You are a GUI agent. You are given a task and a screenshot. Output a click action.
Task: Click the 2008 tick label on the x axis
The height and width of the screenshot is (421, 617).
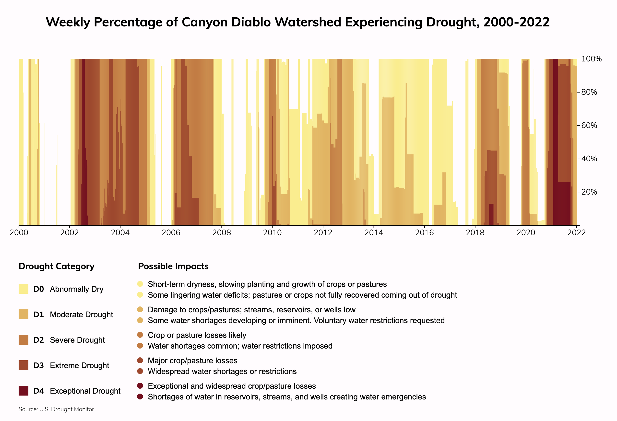[x=221, y=233]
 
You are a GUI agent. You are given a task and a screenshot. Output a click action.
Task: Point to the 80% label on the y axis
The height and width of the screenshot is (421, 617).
[x=589, y=92]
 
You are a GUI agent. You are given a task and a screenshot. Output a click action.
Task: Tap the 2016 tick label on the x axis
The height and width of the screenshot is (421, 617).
[x=424, y=233]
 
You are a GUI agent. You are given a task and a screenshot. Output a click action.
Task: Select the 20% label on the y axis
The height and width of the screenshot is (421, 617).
[x=589, y=192]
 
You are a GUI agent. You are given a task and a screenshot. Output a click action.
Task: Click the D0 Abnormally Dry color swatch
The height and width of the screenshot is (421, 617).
[x=23, y=289]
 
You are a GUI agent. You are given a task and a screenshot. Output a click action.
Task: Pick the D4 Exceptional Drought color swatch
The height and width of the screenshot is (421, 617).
[x=23, y=391]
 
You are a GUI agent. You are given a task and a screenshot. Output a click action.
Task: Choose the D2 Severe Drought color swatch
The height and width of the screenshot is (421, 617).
[x=23, y=340]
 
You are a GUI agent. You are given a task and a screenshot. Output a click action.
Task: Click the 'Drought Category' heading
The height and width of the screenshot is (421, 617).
[x=57, y=266]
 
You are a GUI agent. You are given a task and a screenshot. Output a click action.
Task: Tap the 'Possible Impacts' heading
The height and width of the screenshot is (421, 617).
[x=173, y=266]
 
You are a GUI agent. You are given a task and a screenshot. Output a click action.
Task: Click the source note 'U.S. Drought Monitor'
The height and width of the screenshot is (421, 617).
[x=66, y=409]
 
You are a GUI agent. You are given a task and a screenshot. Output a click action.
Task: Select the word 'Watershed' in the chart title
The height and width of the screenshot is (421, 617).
[x=308, y=22]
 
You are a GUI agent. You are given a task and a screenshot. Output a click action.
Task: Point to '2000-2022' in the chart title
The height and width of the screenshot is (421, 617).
[x=516, y=22]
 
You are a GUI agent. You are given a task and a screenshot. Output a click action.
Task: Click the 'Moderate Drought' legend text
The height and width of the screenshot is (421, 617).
[x=81, y=315]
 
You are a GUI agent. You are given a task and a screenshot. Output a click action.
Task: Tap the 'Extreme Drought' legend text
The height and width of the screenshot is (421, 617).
[x=79, y=365]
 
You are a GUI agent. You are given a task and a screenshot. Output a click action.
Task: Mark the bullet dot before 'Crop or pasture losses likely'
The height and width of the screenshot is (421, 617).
[x=140, y=335]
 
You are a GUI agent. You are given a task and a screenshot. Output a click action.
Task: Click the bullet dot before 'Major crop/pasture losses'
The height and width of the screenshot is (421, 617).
[x=140, y=361]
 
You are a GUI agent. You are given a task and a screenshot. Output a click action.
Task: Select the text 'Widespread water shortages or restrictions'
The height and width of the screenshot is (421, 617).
[x=222, y=371]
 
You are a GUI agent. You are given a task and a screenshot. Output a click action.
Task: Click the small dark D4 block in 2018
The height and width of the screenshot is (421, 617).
[x=491, y=214]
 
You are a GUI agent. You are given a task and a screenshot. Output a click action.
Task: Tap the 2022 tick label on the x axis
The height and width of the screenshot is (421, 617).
[x=576, y=233]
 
